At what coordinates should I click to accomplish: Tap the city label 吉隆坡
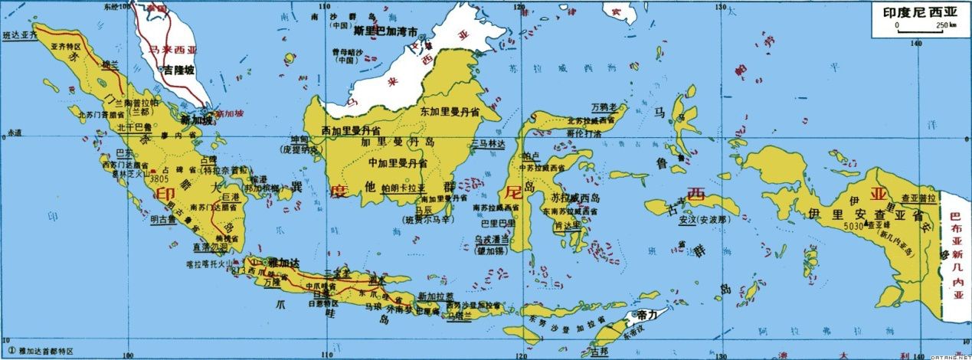[178, 70]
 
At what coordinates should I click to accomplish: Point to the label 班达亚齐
[20, 35]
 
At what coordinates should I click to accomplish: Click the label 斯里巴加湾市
[386, 34]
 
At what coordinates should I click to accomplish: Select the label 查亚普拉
[919, 197]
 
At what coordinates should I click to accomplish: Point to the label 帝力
[649, 315]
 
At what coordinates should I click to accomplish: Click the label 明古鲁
[163, 220]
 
